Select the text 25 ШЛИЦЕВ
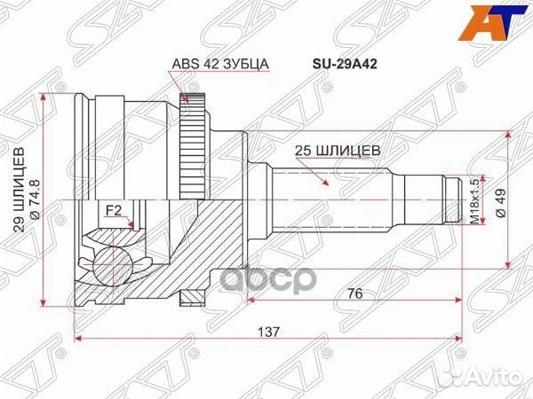tap(338, 151)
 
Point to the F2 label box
tap(113, 210)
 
